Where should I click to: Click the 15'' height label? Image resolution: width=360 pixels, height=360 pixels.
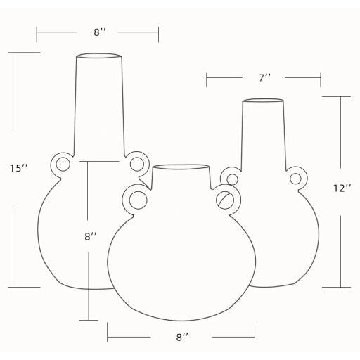pyautogui.click(x=19, y=168)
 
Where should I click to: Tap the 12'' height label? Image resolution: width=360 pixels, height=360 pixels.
pyautogui.click(x=342, y=188)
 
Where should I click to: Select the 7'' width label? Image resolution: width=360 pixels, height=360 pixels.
pyautogui.click(x=264, y=77)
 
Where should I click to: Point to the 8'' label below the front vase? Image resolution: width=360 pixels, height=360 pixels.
pyautogui.click(x=182, y=337)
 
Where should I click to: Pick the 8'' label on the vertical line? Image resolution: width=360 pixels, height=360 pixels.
pyautogui.click(x=91, y=236)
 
